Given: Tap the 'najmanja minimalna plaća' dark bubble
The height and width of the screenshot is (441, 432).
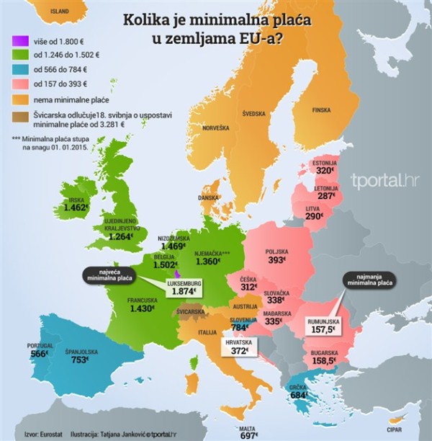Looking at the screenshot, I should [x=370, y=280].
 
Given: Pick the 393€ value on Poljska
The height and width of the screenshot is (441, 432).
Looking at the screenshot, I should [x=276, y=259].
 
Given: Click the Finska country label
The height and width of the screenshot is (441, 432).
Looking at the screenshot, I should [x=320, y=110].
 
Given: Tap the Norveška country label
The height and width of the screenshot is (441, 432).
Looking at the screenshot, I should [x=216, y=128].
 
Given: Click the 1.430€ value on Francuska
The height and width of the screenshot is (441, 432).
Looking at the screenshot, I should [x=143, y=308].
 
